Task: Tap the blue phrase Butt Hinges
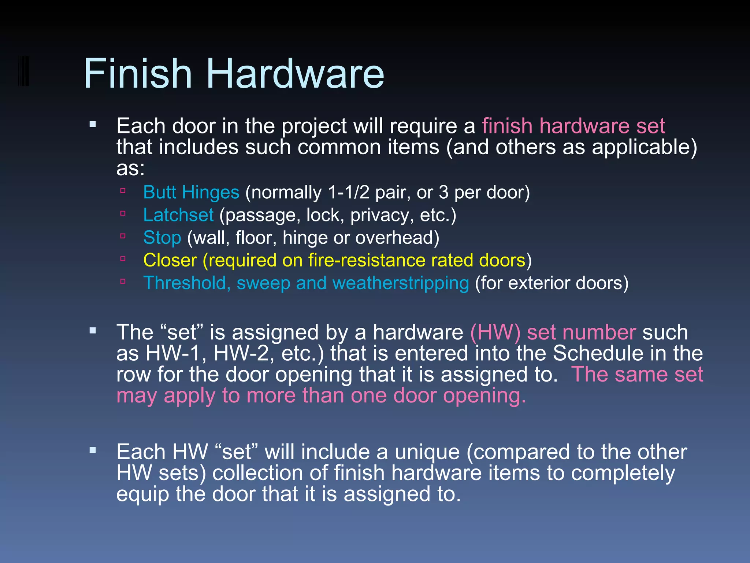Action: [x=191, y=192]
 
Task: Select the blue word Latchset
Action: [x=178, y=215]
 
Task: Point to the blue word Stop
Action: [x=162, y=238]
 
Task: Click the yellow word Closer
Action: [x=170, y=261]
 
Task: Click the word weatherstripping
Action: [x=400, y=283]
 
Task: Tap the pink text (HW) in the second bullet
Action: [x=495, y=332]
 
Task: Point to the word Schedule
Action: [x=598, y=353]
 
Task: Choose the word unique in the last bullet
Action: [x=427, y=452]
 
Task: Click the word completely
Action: [x=623, y=473]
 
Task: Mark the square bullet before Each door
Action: [x=93, y=125]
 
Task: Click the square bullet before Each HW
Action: [x=93, y=450]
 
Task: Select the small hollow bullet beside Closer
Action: [x=123, y=259]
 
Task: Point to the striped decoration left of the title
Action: [x=23, y=71]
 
